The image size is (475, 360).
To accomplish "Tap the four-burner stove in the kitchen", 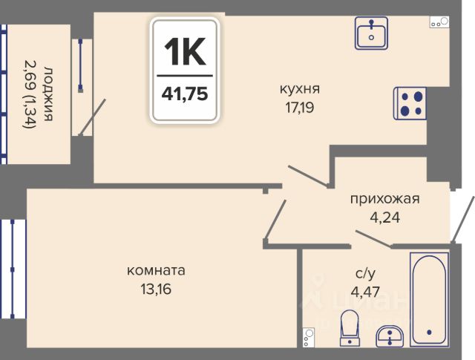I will click(x=411, y=102).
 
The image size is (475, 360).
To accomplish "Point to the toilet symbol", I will click(x=348, y=327).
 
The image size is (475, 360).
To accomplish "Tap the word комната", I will click(x=156, y=270).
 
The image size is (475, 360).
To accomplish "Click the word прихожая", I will click(x=384, y=198).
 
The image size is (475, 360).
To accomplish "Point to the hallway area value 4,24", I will click(x=384, y=218).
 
